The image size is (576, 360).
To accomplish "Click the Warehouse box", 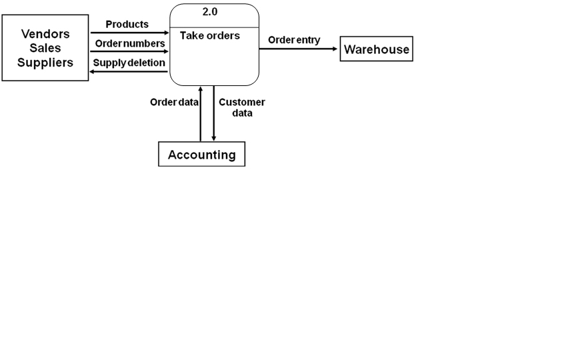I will [377, 49].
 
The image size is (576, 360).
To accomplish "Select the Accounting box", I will [201, 155].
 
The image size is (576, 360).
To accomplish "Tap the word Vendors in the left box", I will [45, 34].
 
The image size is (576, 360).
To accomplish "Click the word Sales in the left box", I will [45, 48].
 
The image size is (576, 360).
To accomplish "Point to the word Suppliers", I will [45, 63].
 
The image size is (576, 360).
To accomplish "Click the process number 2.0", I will [210, 12].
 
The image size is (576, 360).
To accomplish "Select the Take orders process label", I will [210, 36].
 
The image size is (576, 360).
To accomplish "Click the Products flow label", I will [127, 25].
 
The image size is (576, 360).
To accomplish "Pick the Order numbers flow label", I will [129, 43].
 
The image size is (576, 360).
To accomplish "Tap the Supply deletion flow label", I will [129, 63].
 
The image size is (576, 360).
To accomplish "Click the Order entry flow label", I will [294, 40].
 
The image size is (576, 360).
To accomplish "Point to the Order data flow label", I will [174, 103].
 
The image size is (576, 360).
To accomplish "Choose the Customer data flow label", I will [242, 107].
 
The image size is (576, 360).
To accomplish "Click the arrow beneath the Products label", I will [129, 32].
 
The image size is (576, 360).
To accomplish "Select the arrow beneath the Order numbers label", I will [129, 51].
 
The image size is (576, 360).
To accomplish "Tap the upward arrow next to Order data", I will [201, 113].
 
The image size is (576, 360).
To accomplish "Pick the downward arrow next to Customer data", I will [214, 113].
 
